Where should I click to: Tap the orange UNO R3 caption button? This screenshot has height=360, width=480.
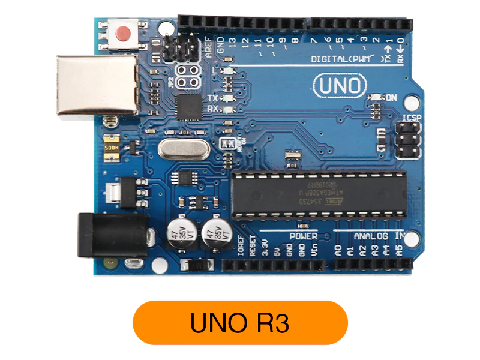tap(240, 323)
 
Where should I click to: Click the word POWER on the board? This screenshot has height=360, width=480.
tap(304, 236)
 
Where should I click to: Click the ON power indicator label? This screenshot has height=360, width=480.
tap(391, 97)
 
